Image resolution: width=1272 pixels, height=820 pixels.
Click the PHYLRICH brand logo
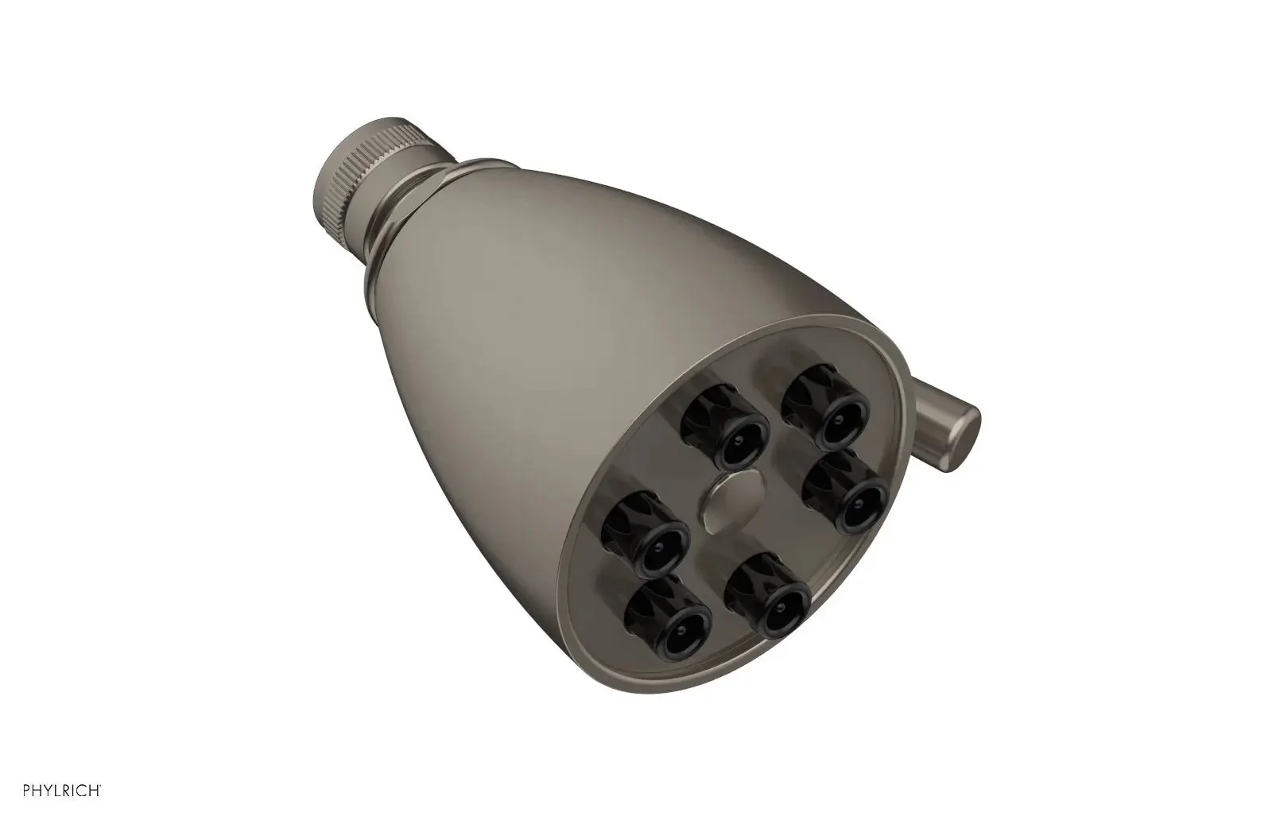point(61,790)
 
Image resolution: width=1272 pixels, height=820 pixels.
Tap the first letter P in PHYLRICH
point(26,790)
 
